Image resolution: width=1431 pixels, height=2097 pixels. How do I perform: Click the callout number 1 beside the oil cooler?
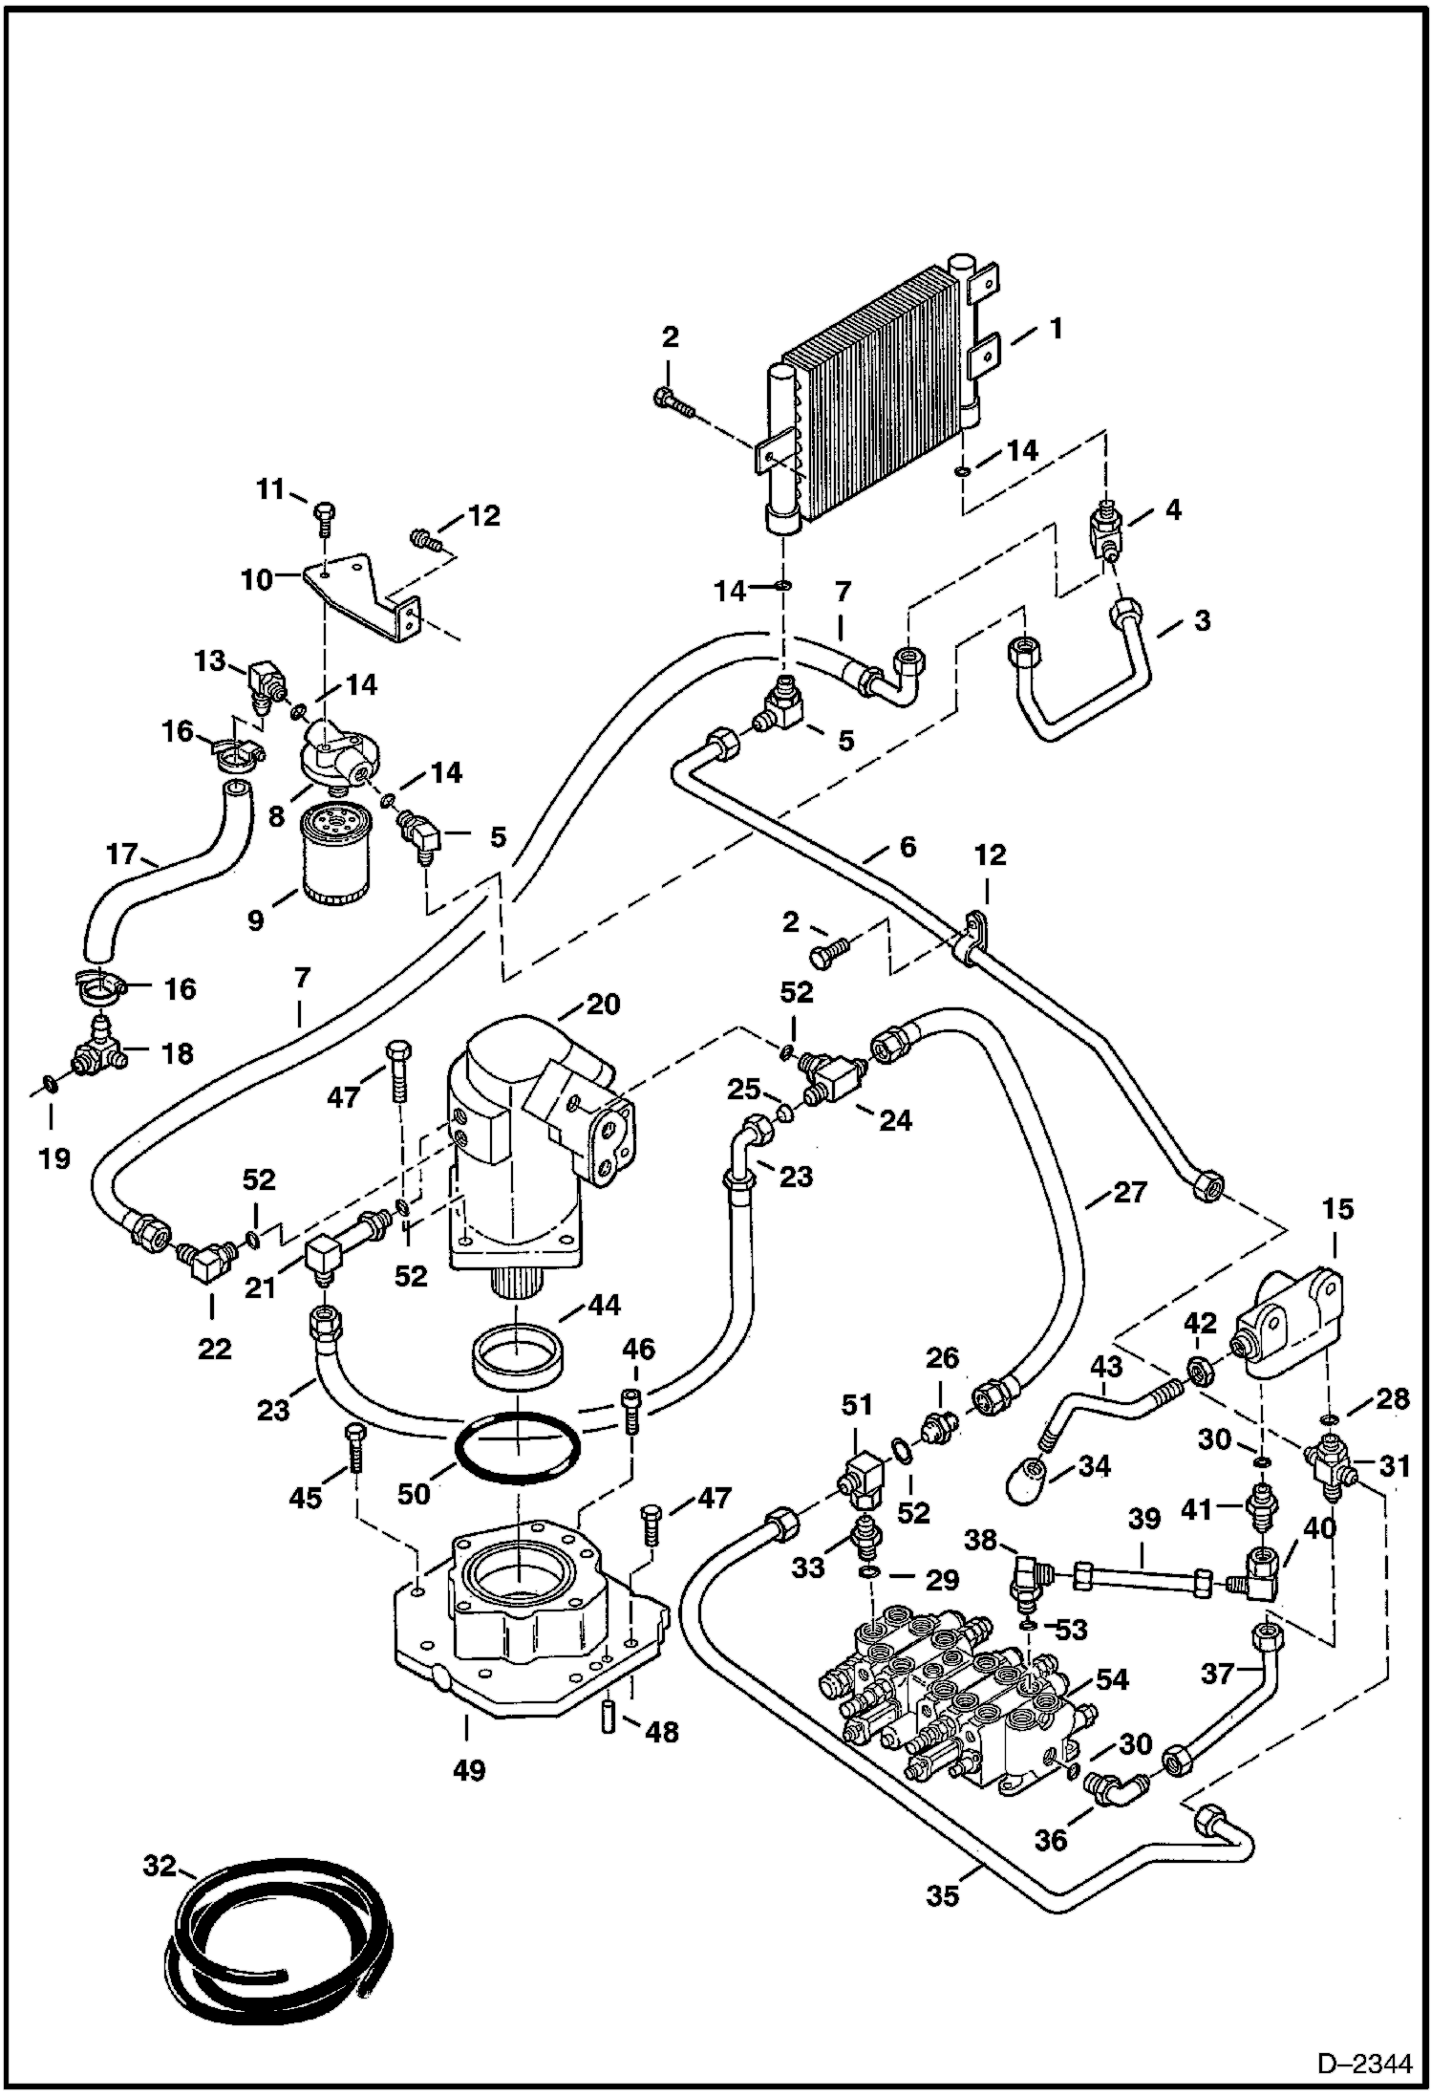1056,329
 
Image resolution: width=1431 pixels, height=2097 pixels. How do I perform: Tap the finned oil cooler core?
874,425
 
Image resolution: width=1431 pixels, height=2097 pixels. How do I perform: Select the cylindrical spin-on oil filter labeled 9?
332,854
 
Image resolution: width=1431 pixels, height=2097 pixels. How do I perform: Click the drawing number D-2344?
1363,2064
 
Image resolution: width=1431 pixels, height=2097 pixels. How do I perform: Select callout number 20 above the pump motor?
604,1005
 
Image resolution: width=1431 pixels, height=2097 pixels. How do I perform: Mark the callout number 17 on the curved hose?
122,854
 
